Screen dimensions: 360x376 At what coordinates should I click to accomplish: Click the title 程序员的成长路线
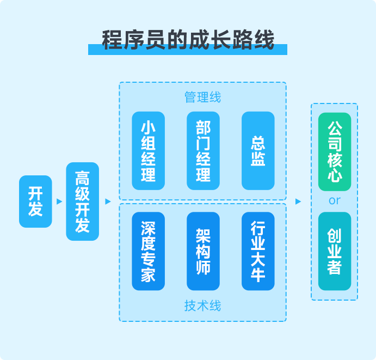click(188, 39)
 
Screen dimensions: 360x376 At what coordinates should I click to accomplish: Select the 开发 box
click(35, 201)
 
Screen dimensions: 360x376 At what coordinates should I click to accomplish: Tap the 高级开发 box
click(83, 201)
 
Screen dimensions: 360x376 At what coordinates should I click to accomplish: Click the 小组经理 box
click(149, 151)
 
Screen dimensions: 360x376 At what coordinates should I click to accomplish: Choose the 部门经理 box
click(203, 151)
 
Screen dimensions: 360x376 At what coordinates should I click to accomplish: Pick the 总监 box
click(258, 151)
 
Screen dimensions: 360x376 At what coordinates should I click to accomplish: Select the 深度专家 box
click(149, 251)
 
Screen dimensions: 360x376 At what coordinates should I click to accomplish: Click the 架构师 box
click(203, 251)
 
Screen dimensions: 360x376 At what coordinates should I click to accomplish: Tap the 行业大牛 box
click(258, 251)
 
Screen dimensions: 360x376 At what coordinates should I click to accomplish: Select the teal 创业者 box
click(335, 251)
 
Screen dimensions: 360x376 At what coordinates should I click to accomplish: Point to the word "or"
click(335, 200)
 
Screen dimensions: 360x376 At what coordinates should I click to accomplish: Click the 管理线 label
click(202, 97)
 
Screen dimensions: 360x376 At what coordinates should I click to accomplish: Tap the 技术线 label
click(202, 306)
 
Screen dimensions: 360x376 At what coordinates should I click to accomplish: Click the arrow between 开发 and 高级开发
click(59, 202)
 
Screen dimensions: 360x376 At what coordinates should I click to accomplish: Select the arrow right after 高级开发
click(108, 202)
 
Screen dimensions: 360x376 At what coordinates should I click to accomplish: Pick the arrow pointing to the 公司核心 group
click(298, 202)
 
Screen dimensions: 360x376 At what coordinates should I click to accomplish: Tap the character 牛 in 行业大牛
click(258, 274)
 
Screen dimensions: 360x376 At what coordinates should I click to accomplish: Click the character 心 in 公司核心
click(335, 175)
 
